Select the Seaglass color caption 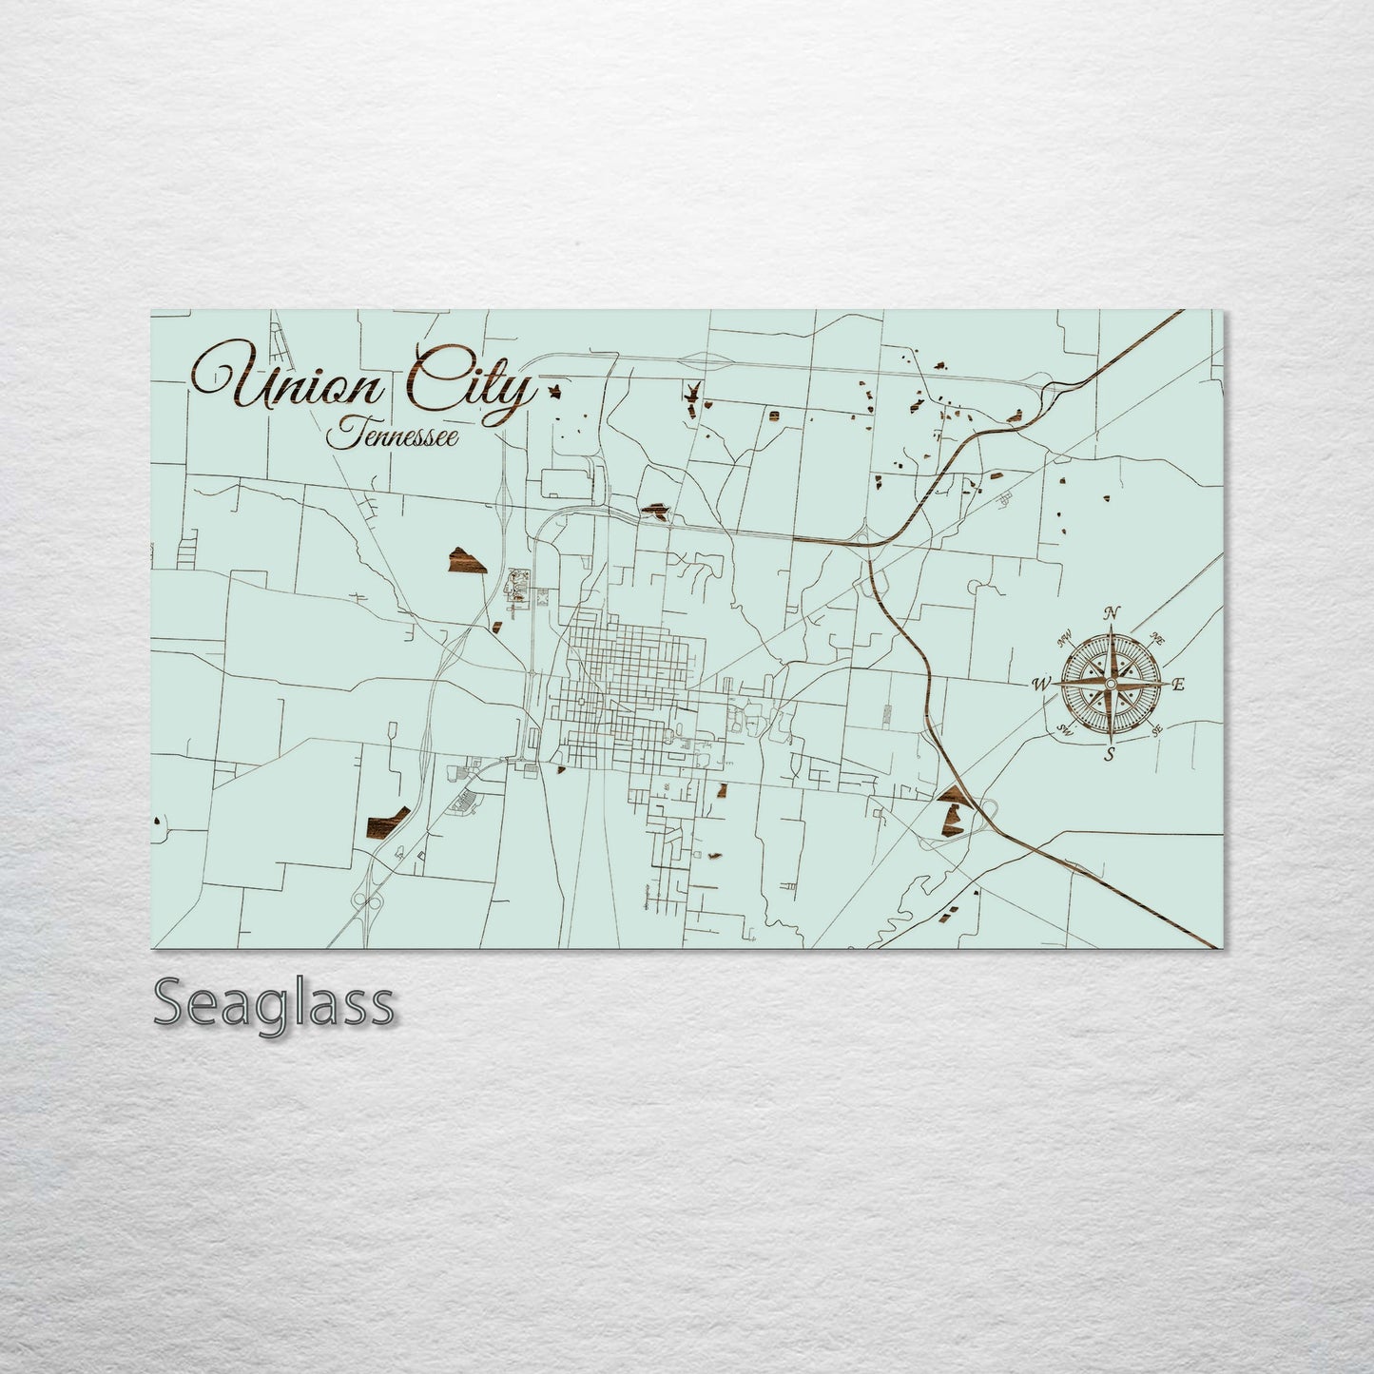tap(273, 1003)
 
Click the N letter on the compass tap(1113, 612)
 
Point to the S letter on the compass tap(1109, 755)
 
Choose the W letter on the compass tap(1041, 684)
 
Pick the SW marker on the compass tap(1065, 730)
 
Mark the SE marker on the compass tap(1157, 730)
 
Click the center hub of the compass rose tap(1111, 684)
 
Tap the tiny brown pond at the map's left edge tap(156, 821)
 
